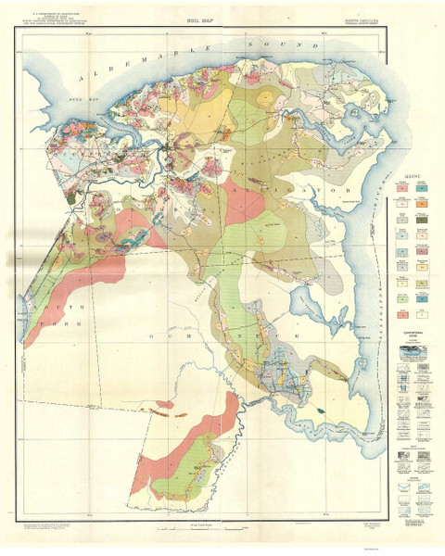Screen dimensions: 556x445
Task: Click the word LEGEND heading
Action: click(413, 174)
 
